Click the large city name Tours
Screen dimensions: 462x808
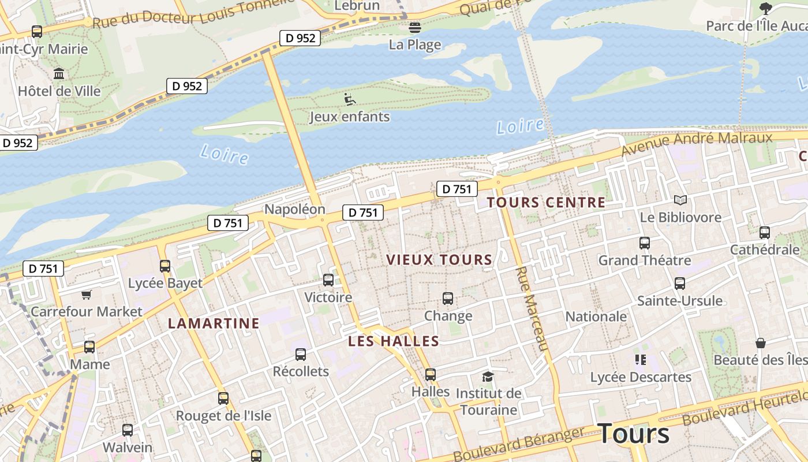[633, 434]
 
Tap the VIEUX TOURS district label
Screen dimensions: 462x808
[439, 260]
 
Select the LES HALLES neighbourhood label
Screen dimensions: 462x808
[394, 341]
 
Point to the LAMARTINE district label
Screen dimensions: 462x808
[214, 323]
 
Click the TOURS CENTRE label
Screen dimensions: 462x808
[546, 203]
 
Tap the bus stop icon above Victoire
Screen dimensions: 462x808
[328, 280]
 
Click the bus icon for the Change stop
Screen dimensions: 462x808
[448, 299]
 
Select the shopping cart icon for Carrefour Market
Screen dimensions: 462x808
[87, 295]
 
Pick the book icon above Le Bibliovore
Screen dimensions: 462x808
[680, 200]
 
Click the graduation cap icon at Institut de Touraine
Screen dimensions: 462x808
[488, 377]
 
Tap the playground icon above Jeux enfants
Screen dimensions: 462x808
[349, 99]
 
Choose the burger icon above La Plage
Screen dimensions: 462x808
[414, 27]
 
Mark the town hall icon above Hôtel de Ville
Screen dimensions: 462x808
[59, 74]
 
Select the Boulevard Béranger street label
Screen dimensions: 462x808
[519, 444]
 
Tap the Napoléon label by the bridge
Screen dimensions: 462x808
[295, 209]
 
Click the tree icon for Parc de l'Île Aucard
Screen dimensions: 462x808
[766, 8]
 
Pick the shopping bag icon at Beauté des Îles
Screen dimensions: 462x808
[761, 343]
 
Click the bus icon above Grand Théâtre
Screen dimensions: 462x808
[644, 243]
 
